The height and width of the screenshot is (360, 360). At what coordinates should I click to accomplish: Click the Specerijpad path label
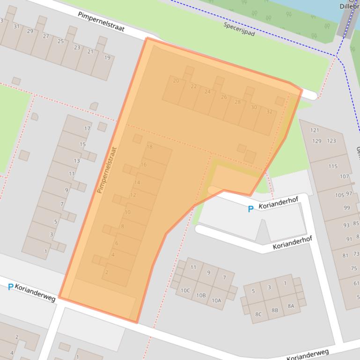pyautogui.click(x=239, y=29)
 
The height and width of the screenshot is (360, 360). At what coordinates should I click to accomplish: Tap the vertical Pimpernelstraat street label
pyautogui.click(x=106, y=170)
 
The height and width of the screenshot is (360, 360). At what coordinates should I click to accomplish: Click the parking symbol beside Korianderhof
pyautogui.click(x=250, y=209)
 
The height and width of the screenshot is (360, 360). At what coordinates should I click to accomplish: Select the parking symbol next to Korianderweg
pyautogui.click(x=10, y=287)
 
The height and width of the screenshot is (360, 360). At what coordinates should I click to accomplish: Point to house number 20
pyautogui.click(x=176, y=80)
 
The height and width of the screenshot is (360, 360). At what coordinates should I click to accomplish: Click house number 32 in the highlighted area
pyautogui.click(x=269, y=112)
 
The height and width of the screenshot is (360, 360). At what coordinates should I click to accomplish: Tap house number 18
pyautogui.click(x=149, y=147)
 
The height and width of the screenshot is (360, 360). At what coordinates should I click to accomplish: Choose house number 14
pyautogui.click(x=137, y=182)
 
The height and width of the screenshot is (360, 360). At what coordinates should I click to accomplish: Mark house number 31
pyautogui.click(x=17, y=27)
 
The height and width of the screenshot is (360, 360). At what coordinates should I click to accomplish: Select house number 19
pyautogui.click(x=107, y=58)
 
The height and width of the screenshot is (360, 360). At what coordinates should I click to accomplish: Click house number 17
pyautogui.click(x=87, y=129)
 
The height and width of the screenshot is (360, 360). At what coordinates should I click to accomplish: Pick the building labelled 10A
pyautogui.click(x=216, y=301)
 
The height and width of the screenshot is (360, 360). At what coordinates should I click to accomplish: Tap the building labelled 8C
pyautogui.click(x=258, y=314)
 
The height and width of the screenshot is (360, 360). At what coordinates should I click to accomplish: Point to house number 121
pyautogui.click(x=314, y=130)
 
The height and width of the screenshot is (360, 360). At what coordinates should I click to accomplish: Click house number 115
pyautogui.click(x=333, y=166)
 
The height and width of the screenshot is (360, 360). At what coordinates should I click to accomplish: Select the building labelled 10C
pyautogui.click(x=185, y=290)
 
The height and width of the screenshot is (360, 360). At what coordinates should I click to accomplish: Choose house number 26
pyautogui.click(x=224, y=97)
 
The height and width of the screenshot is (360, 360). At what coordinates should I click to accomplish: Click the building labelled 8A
pyautogui.click(x=291, y=306)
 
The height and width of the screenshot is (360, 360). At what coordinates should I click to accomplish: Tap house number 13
pyautogui.click(x=77, y=161)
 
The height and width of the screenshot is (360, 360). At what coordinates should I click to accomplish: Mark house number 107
pyautogui.click(x=345, y=177)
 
